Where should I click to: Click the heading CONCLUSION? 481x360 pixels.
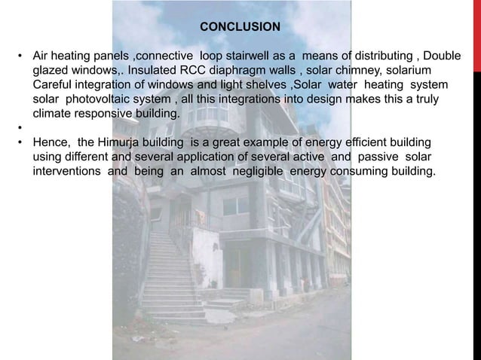pos(240,27)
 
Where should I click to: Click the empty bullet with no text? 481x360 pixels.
pos(20,129)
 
